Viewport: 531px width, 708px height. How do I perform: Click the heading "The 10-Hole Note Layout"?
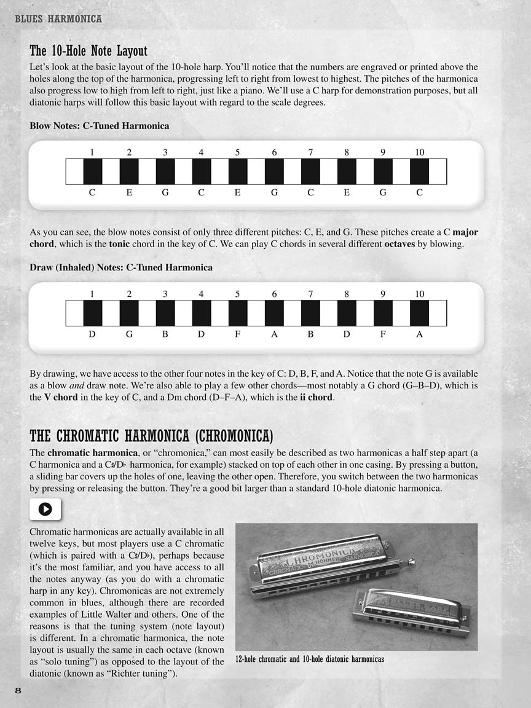(88, 50)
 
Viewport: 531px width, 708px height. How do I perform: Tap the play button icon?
(45, 509)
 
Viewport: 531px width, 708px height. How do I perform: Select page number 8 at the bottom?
(18, 690)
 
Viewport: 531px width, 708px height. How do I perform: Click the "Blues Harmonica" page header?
(58, 19)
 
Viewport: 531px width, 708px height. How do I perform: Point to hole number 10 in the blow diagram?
(420, 152)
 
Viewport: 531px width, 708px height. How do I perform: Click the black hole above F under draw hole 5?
(238, 313)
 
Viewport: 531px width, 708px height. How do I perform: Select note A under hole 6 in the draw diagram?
(274, 334)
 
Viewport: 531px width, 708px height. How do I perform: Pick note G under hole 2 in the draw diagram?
(129, 334)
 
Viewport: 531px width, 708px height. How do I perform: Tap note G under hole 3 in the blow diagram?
(165, 192)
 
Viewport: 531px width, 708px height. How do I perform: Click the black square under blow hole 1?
(93, 171)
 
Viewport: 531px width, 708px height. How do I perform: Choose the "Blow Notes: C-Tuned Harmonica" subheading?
(100, 125)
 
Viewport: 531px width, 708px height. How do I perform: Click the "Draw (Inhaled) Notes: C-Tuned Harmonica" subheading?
(121, 267)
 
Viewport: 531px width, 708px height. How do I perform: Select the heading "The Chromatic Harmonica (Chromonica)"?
(151, 436)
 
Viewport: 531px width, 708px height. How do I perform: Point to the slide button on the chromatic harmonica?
(411, 560)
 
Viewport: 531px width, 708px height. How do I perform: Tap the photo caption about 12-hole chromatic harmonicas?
(310, 659)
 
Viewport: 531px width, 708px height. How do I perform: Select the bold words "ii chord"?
(315, 397)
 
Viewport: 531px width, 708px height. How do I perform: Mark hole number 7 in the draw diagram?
(310, 294)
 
